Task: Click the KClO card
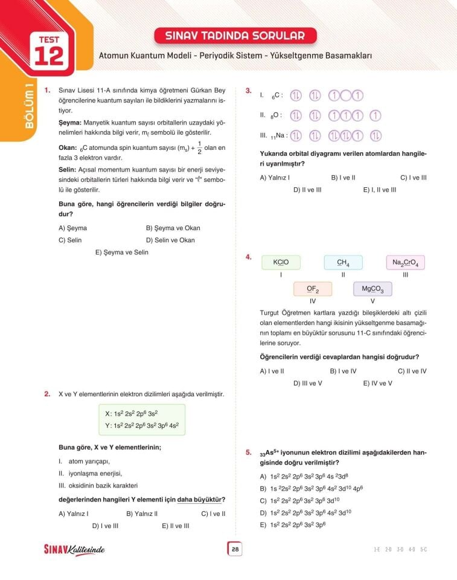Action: click(x=281, y=262)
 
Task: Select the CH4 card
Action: click(x=343, y=262)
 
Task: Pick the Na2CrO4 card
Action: click(x=405, y=262)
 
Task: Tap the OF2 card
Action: click(x=312, y=289)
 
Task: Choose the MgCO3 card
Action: click(x=372, y=289)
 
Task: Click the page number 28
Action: click(x=235, y=549)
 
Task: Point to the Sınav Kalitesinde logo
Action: click(x=74, y=549)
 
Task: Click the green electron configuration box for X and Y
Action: click(x=142, y=419)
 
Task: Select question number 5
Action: click(x=248, y=452)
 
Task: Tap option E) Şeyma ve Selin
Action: click(x=121, y=252)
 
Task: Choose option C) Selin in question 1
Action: click(x=70, y=240)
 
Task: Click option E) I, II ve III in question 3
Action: click(x=380, y=190)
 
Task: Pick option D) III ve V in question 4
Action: click(x=308, y=383)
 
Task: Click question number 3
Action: click(x=248, y=91)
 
